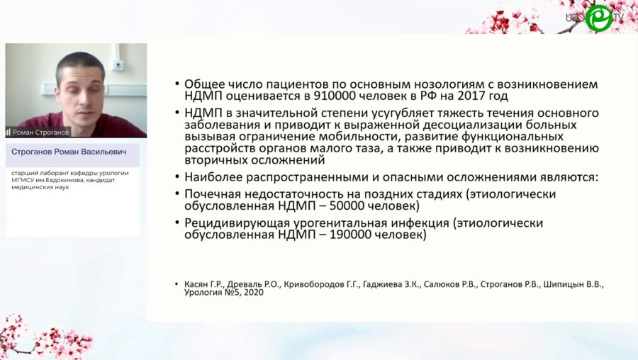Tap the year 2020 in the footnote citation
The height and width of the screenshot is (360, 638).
[252, 293]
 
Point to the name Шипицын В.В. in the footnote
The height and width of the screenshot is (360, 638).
[579, 283]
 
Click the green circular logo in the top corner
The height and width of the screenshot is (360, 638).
[598, 17]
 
